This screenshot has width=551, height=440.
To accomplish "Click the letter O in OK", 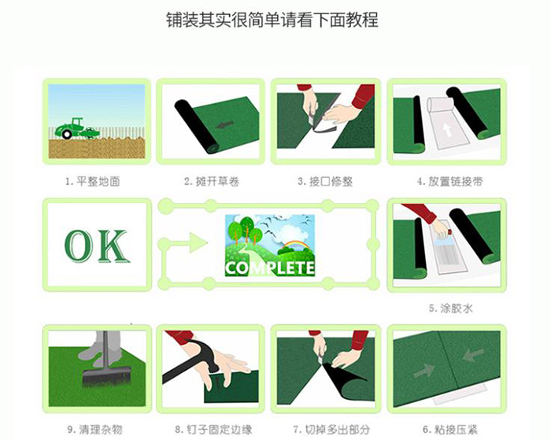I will coord(78,246).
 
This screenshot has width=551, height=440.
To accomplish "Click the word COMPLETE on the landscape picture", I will coord(270,268).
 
